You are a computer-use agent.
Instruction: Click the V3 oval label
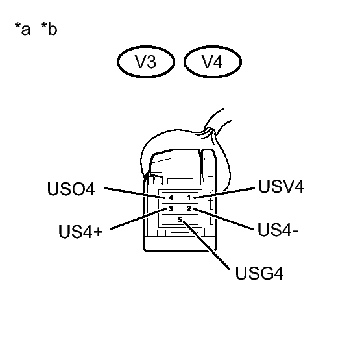coord(147,63)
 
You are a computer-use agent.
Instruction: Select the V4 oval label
coord(213,63)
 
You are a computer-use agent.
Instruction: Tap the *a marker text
coord(23,30)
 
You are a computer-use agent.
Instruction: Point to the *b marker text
coord(48,30)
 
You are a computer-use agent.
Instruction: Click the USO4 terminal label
coord(71,190)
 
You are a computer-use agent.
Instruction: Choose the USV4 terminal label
coord(281,187)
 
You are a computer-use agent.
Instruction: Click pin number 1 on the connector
coord(189,197)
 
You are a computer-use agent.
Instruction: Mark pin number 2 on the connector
coord(189,208)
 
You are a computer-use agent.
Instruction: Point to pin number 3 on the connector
coord(171,208)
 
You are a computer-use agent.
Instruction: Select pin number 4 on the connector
coord(171,197)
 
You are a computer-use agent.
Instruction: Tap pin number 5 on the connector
coord(180,220)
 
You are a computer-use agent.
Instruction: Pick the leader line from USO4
coord(133,193)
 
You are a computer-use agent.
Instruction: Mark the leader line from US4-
coord(224,219)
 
